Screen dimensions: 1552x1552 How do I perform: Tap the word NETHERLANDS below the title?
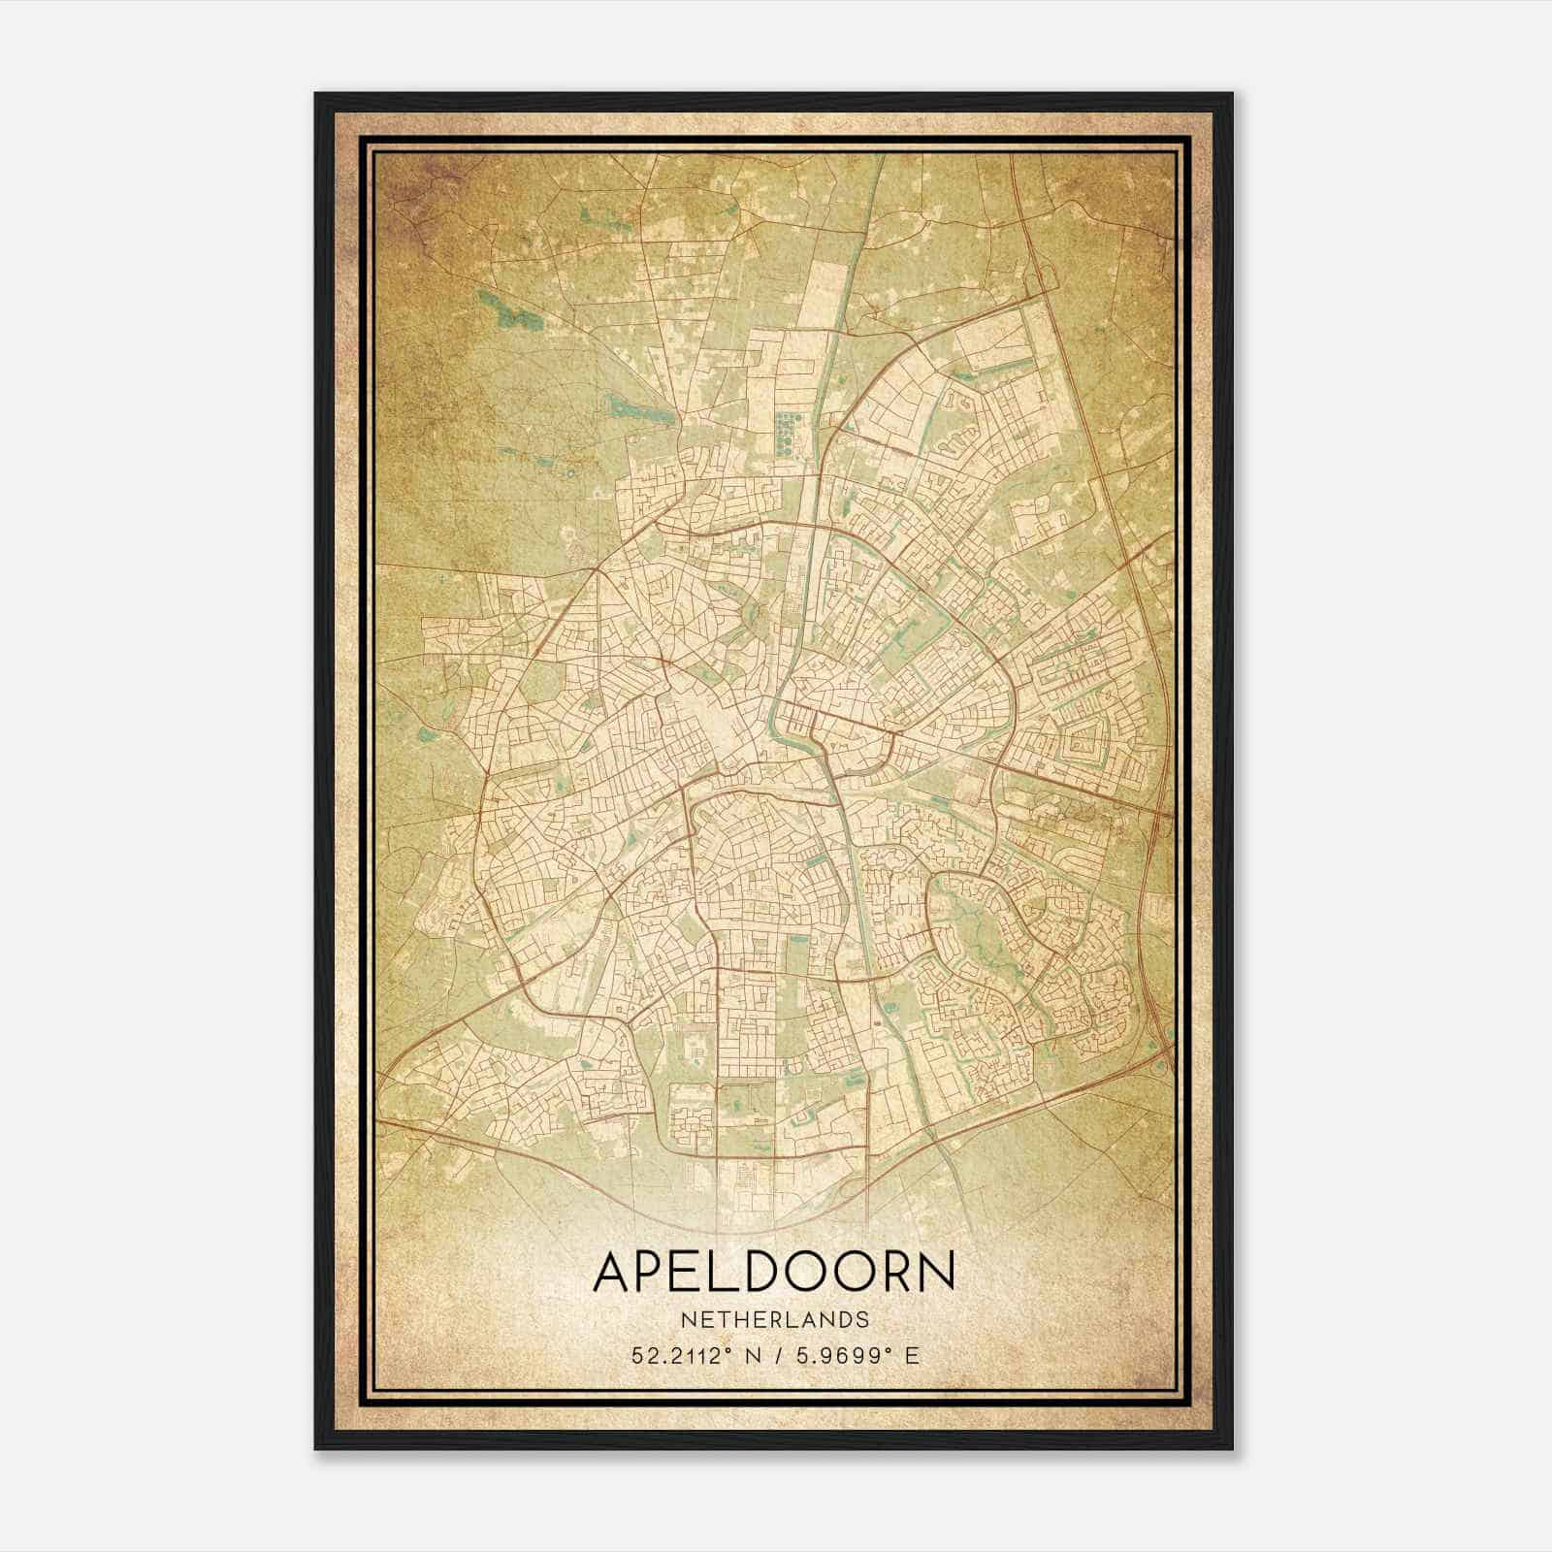pos(773,1320)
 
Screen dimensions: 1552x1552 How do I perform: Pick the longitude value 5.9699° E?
pos(855,1356)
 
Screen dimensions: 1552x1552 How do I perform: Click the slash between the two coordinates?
pos(774,1356)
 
